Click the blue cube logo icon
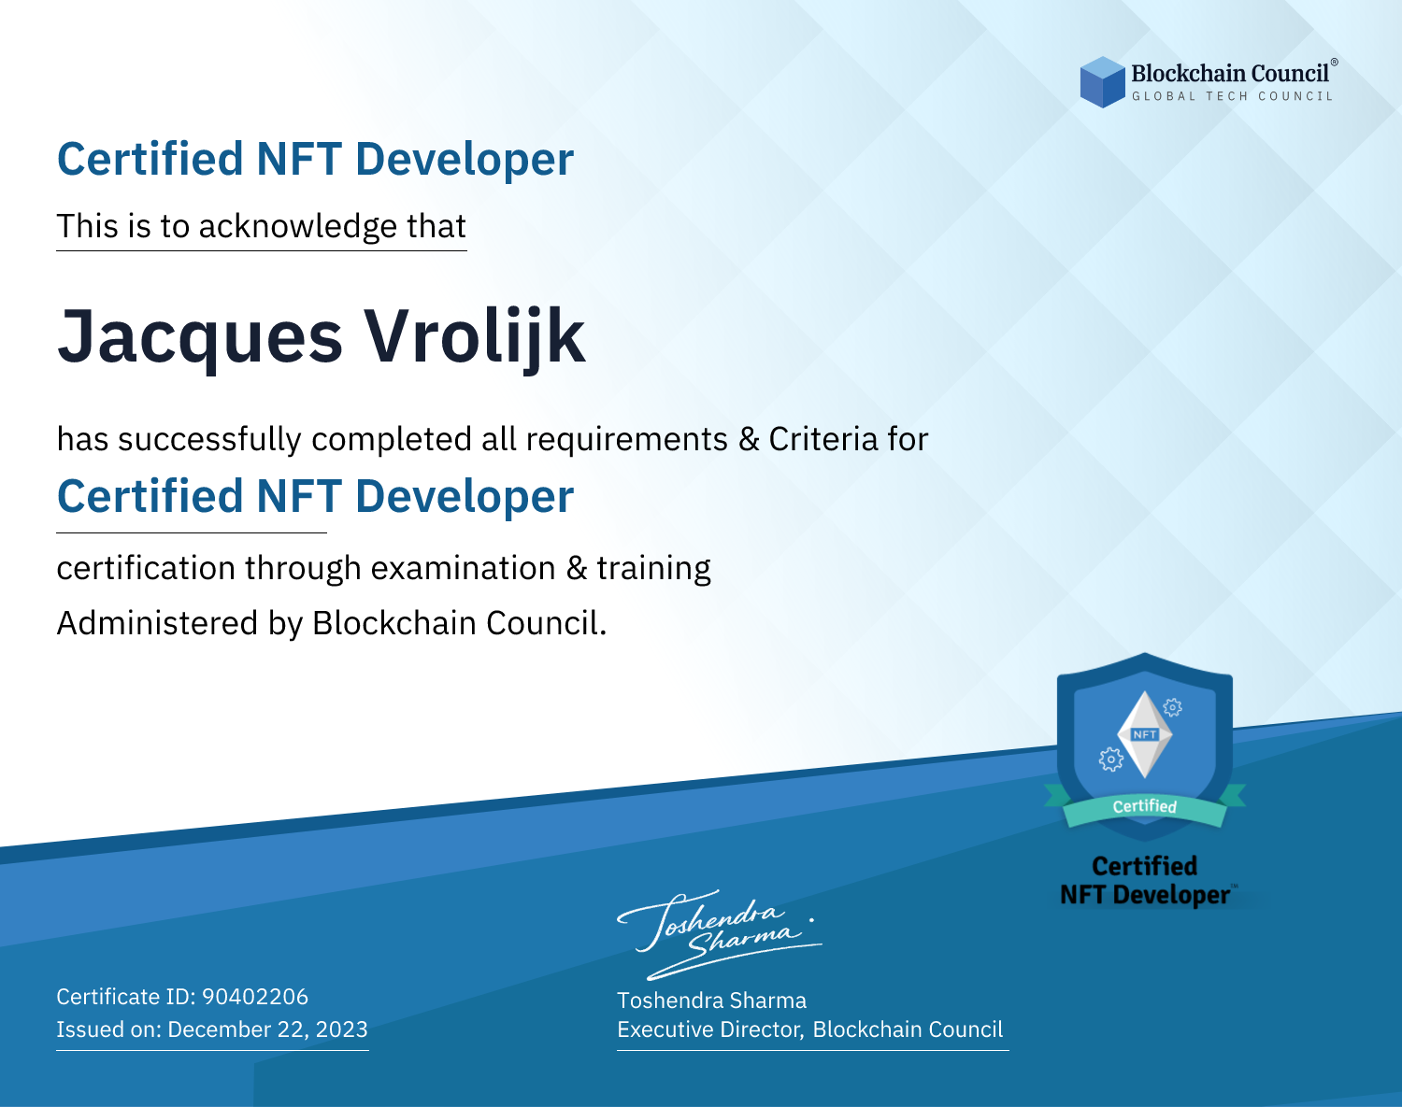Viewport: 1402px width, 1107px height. coord(1102,82)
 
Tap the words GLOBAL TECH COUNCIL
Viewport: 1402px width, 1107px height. coord(1232,96)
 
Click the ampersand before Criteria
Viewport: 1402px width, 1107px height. coord(749,439)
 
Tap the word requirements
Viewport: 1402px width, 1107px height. coord(627,440)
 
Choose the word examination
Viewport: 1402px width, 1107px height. coord(463,568)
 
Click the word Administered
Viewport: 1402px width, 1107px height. coord(157,622)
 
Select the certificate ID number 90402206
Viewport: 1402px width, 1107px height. coord(255,996)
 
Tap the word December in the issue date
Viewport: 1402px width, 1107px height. coord(220,1029)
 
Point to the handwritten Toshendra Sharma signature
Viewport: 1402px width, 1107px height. coord(720,934)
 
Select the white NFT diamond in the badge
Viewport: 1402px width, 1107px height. coord(1145,734)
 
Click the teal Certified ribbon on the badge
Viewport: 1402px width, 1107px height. coord(1145,807)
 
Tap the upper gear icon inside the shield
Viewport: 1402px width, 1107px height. coord(1173,707)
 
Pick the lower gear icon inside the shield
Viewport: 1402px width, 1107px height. coord(1110,759)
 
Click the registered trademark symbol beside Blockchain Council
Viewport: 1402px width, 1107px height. coord(1335,63)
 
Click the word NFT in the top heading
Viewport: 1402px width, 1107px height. coord(299,159)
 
